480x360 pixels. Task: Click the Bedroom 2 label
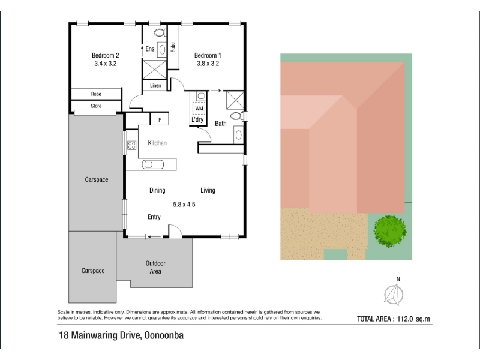coord(106,55)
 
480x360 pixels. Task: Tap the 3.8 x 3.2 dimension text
coord(208,64)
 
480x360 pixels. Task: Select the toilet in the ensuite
coord(160,32)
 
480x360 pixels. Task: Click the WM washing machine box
coord(199,109)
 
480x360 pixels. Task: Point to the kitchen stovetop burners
coord(131,145)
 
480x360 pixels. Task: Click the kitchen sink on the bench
coord(153,164)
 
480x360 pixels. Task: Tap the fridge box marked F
coord(160,119)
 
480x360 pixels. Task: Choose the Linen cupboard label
coord(155,85)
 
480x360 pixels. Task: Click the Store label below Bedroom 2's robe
coord(96,106)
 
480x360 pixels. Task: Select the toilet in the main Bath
coord(236,116)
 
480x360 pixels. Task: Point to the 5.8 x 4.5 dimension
coord(184,205)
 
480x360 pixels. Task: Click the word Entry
coord(154,217)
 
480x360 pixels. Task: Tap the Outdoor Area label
coord(155,267)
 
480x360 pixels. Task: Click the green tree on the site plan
coord(390,231)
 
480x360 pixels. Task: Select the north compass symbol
coord(395,293)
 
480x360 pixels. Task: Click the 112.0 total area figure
coord(405,319)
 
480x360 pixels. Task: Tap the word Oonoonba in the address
coord(164,335)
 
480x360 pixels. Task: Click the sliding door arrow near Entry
coord(155,236)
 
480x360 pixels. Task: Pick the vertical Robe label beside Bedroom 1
coord(173,47)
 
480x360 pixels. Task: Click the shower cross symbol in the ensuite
coord(155,69)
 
